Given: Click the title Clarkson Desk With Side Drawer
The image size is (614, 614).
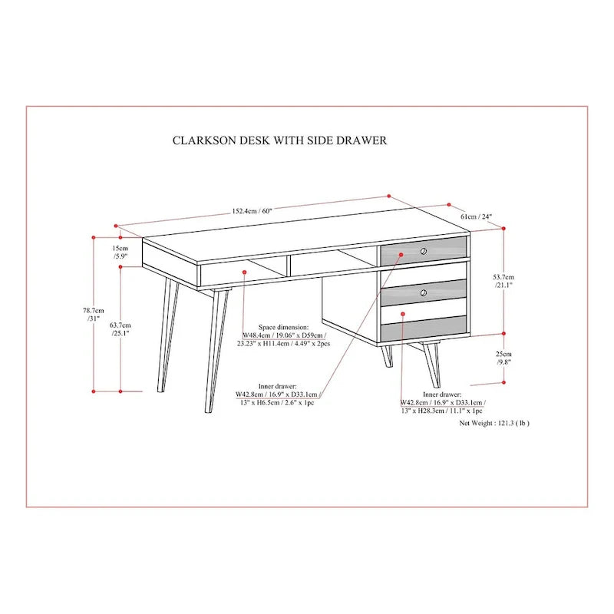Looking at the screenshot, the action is [279, 140].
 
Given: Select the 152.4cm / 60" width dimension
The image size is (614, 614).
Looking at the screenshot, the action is [252, 211].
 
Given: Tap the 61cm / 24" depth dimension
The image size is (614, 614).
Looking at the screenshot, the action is [476, 216].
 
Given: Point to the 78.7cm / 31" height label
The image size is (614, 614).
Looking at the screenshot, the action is [93, 315].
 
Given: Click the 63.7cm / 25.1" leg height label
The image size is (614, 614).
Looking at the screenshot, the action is [120, 329].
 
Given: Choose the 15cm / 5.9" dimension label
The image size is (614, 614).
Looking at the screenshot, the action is [120, 253].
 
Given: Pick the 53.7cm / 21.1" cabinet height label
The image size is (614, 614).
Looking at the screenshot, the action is [503, 281].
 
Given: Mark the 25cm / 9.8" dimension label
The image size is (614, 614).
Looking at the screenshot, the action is [503, 358].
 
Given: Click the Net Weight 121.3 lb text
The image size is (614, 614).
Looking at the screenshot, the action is [494, 423].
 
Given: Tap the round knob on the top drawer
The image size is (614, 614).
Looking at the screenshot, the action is [424, 251].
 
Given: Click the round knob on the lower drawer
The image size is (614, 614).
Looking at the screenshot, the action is [424, 292].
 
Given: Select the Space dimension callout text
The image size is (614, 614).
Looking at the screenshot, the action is [283, 335].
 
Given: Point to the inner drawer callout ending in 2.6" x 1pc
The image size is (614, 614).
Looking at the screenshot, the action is [278, 394].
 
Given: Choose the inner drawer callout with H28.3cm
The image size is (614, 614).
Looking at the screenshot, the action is [442, 402].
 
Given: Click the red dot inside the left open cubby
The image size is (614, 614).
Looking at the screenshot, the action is [244, 272].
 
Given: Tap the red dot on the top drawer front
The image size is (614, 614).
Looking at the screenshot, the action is [401, 255].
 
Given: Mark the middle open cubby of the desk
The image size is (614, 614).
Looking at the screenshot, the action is [332, 262].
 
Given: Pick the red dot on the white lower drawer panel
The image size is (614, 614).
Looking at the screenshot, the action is [403, 313].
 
